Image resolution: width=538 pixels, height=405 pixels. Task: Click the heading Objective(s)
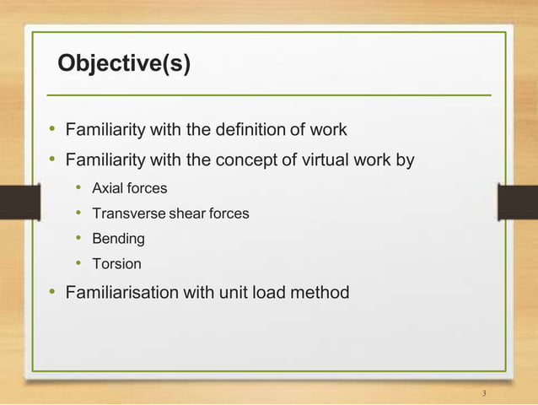coord(123,64)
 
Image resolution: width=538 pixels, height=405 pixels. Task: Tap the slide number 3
coord(485,394)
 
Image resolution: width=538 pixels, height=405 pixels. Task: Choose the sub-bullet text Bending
coord(118,239)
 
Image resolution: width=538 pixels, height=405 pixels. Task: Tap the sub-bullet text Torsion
coord(116,264)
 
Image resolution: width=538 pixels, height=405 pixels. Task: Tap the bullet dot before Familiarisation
coord(51,293)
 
